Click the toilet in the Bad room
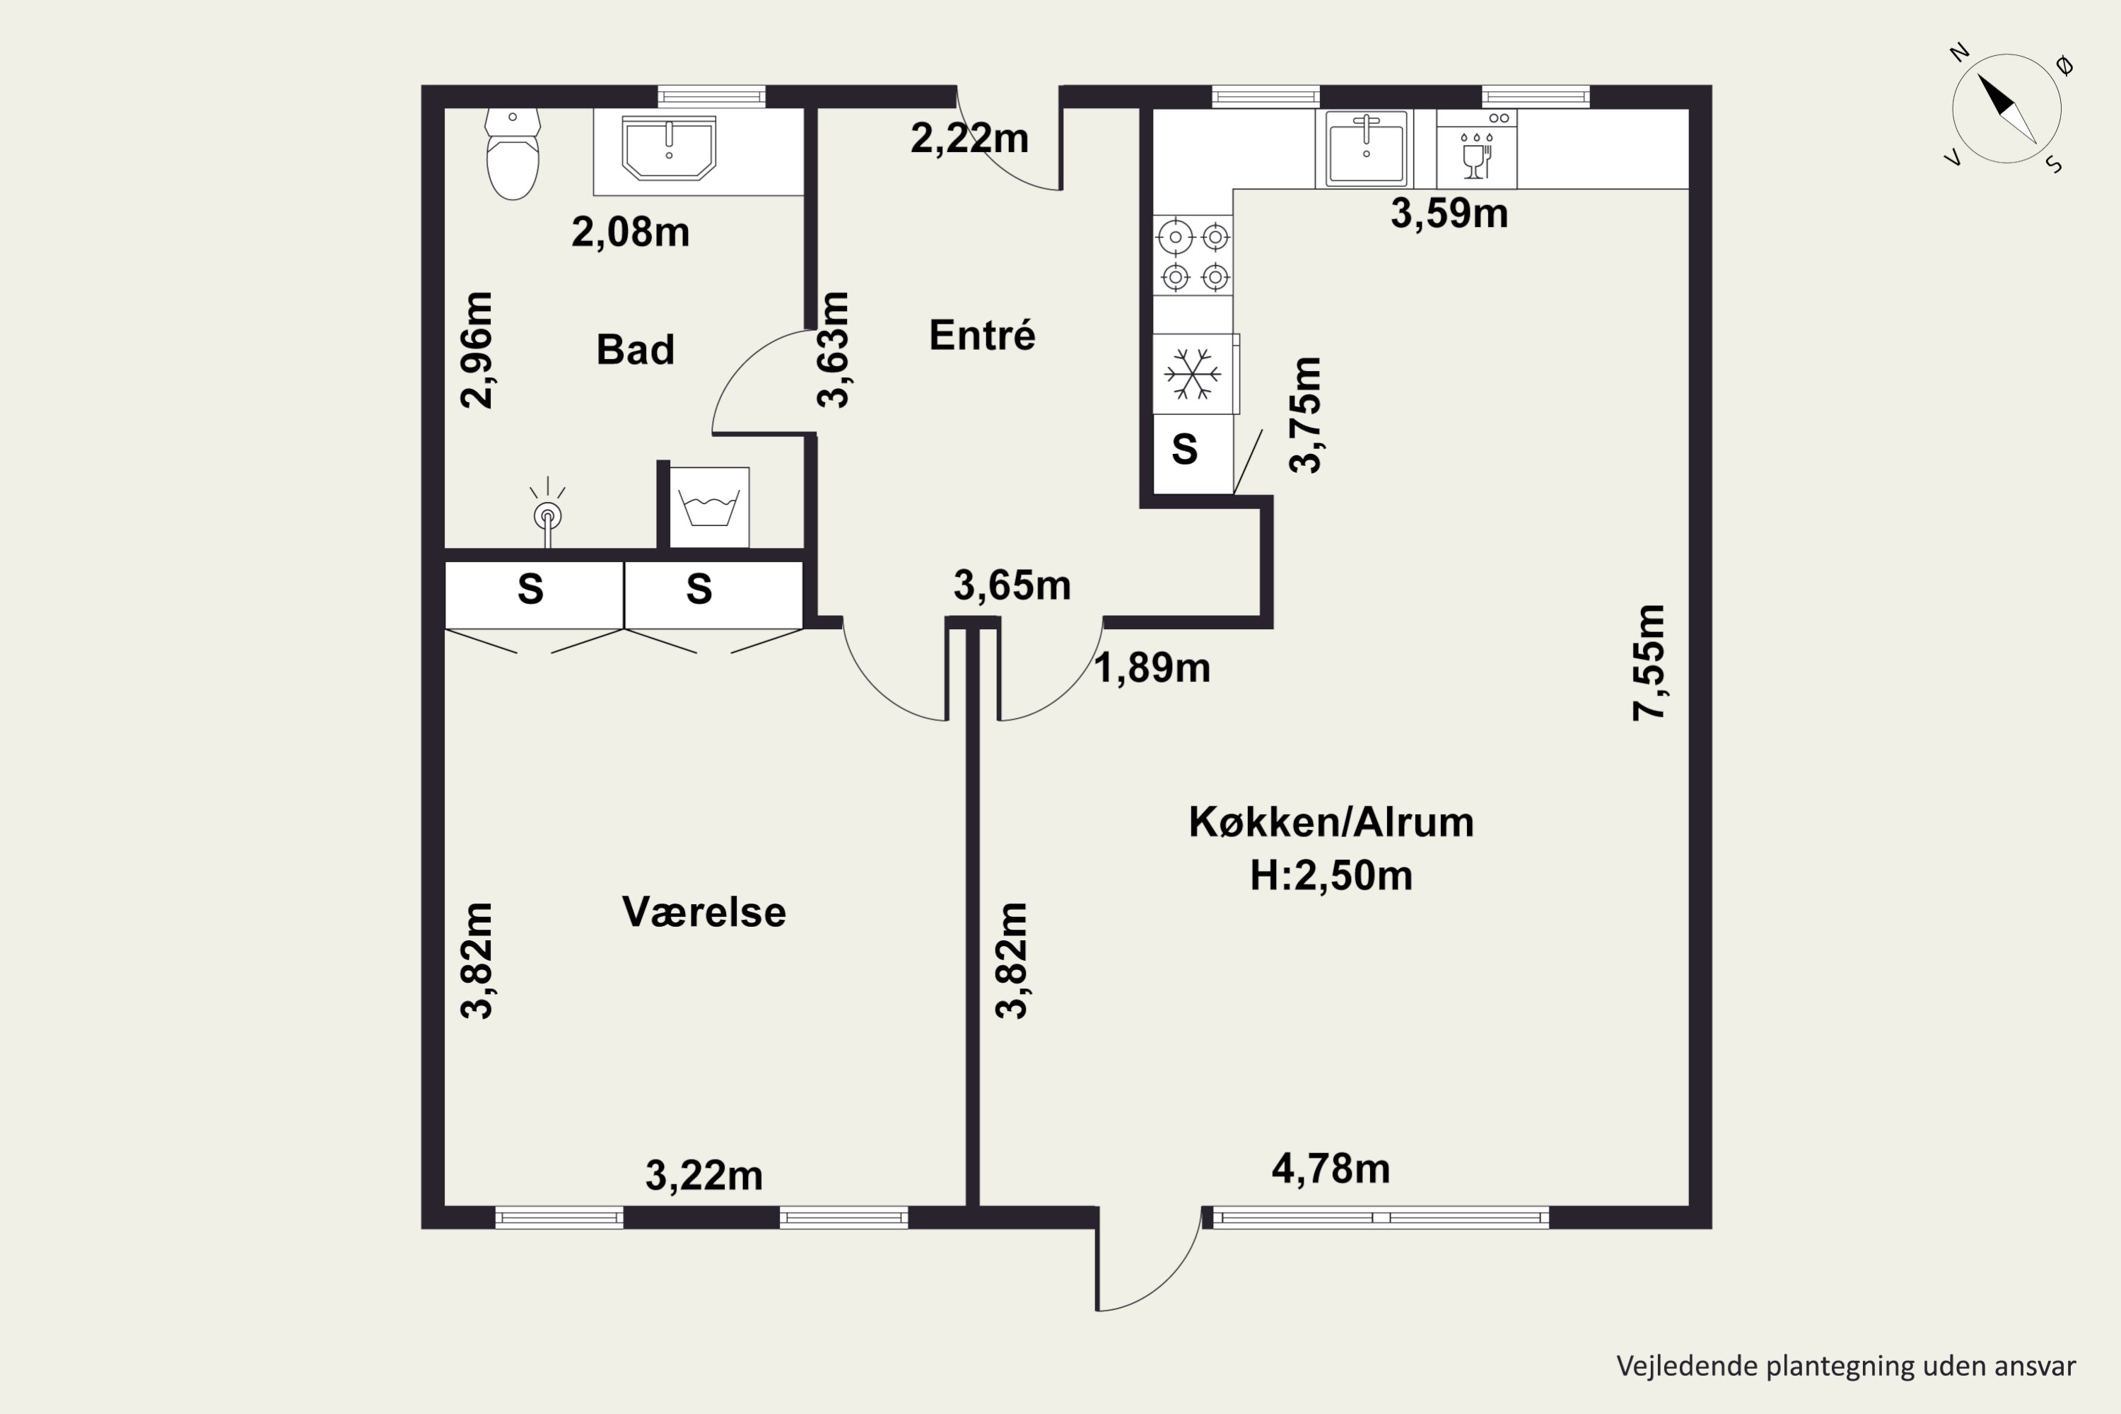(x=512, y=155)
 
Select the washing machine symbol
(x=709, y=507)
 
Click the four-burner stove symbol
(x=1194, y=256)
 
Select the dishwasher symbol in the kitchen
(x=1476, y=150)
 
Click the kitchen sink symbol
(x=1365, y=148)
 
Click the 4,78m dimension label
(x=1330, y=1169)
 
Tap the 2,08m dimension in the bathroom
(x=631, y=233)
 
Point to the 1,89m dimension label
(x=1152, y=668)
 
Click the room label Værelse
(x=703, y=913)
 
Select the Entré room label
(x=982, y=335)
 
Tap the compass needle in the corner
(x=2006, y=108)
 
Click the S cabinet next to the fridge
(x=1185, y=449)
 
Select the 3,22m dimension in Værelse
(x=703, y=1176)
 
